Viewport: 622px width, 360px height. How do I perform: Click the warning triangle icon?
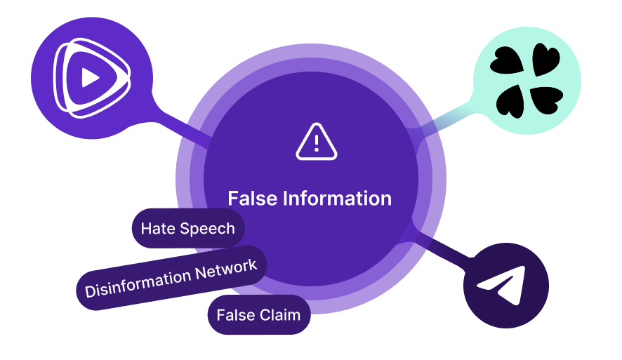tap(317, 142)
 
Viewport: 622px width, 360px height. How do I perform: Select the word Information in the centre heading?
tap(337, 199)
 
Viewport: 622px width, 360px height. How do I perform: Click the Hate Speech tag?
tap(187, 228)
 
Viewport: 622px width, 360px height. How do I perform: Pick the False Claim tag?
tap(258, 315)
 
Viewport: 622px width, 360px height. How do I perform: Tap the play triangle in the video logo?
tap(89, 76)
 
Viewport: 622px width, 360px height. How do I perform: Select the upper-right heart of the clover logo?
tap(543, 60)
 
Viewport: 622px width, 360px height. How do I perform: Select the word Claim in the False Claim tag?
tap(281, 315)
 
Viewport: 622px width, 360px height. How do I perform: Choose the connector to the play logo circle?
tap(166, 125)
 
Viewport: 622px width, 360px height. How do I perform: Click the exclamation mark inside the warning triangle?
tap(317, 143)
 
